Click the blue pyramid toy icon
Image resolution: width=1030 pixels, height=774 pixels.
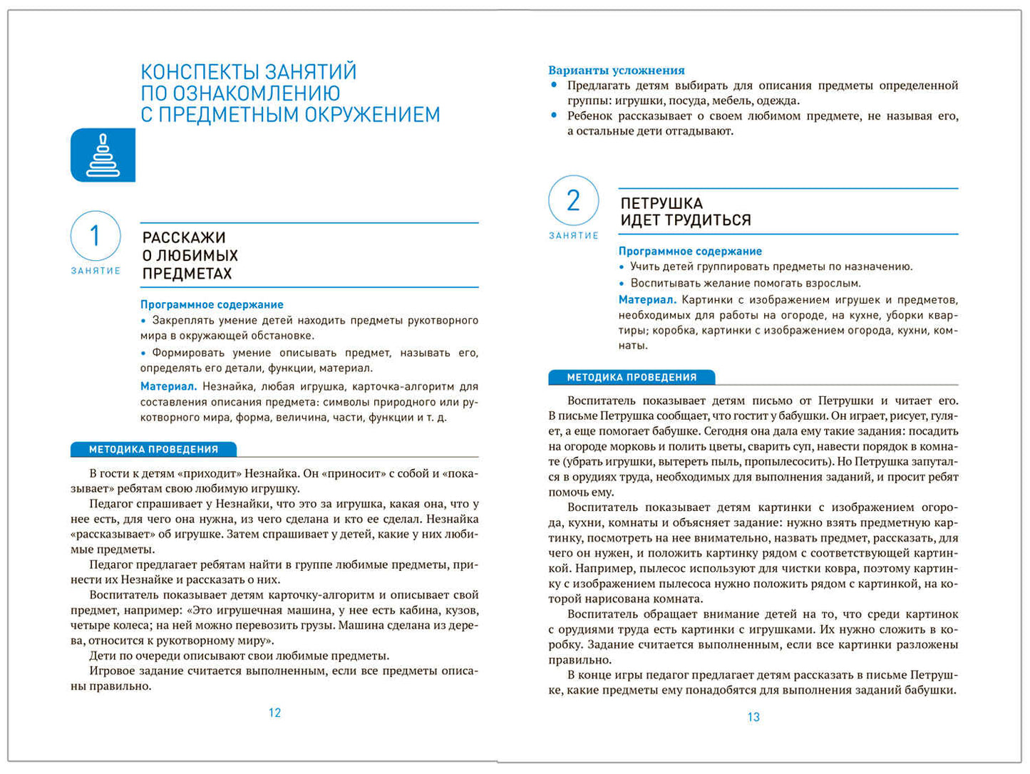pos(103,155)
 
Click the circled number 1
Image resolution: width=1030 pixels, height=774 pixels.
pos(95,236)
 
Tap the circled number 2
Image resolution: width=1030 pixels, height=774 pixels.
pos(573,201)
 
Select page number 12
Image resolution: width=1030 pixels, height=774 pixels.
pos(274,713)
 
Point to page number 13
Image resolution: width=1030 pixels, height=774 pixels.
pos(753,717)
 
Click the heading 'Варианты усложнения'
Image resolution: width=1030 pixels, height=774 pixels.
pos(616,70)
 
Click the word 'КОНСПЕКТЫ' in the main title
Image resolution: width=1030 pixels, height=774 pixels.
pos(199,72)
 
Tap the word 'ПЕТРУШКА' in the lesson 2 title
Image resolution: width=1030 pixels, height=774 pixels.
pos(661,203)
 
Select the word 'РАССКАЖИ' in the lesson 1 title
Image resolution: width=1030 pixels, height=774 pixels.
pos(184,237)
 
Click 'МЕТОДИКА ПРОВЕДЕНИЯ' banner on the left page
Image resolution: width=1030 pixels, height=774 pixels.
pos(153,450)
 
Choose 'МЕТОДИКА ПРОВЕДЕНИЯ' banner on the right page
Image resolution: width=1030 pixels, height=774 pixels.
pos(632,378)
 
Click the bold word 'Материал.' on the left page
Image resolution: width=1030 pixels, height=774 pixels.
pos(168,386)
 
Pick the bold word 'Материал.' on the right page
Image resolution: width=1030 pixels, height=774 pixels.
pos(647,300)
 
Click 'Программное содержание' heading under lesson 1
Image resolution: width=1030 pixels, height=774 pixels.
pos(212,304)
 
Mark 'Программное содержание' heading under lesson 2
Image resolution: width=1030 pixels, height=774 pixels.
pos(690,251)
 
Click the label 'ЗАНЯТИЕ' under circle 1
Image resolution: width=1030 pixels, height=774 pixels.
pos(96,271)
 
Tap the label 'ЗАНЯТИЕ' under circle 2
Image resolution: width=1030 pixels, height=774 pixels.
pos(573,236)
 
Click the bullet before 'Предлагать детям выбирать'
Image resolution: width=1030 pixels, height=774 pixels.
pos(554,85)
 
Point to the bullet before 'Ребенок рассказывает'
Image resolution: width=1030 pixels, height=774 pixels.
pos(554,115)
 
